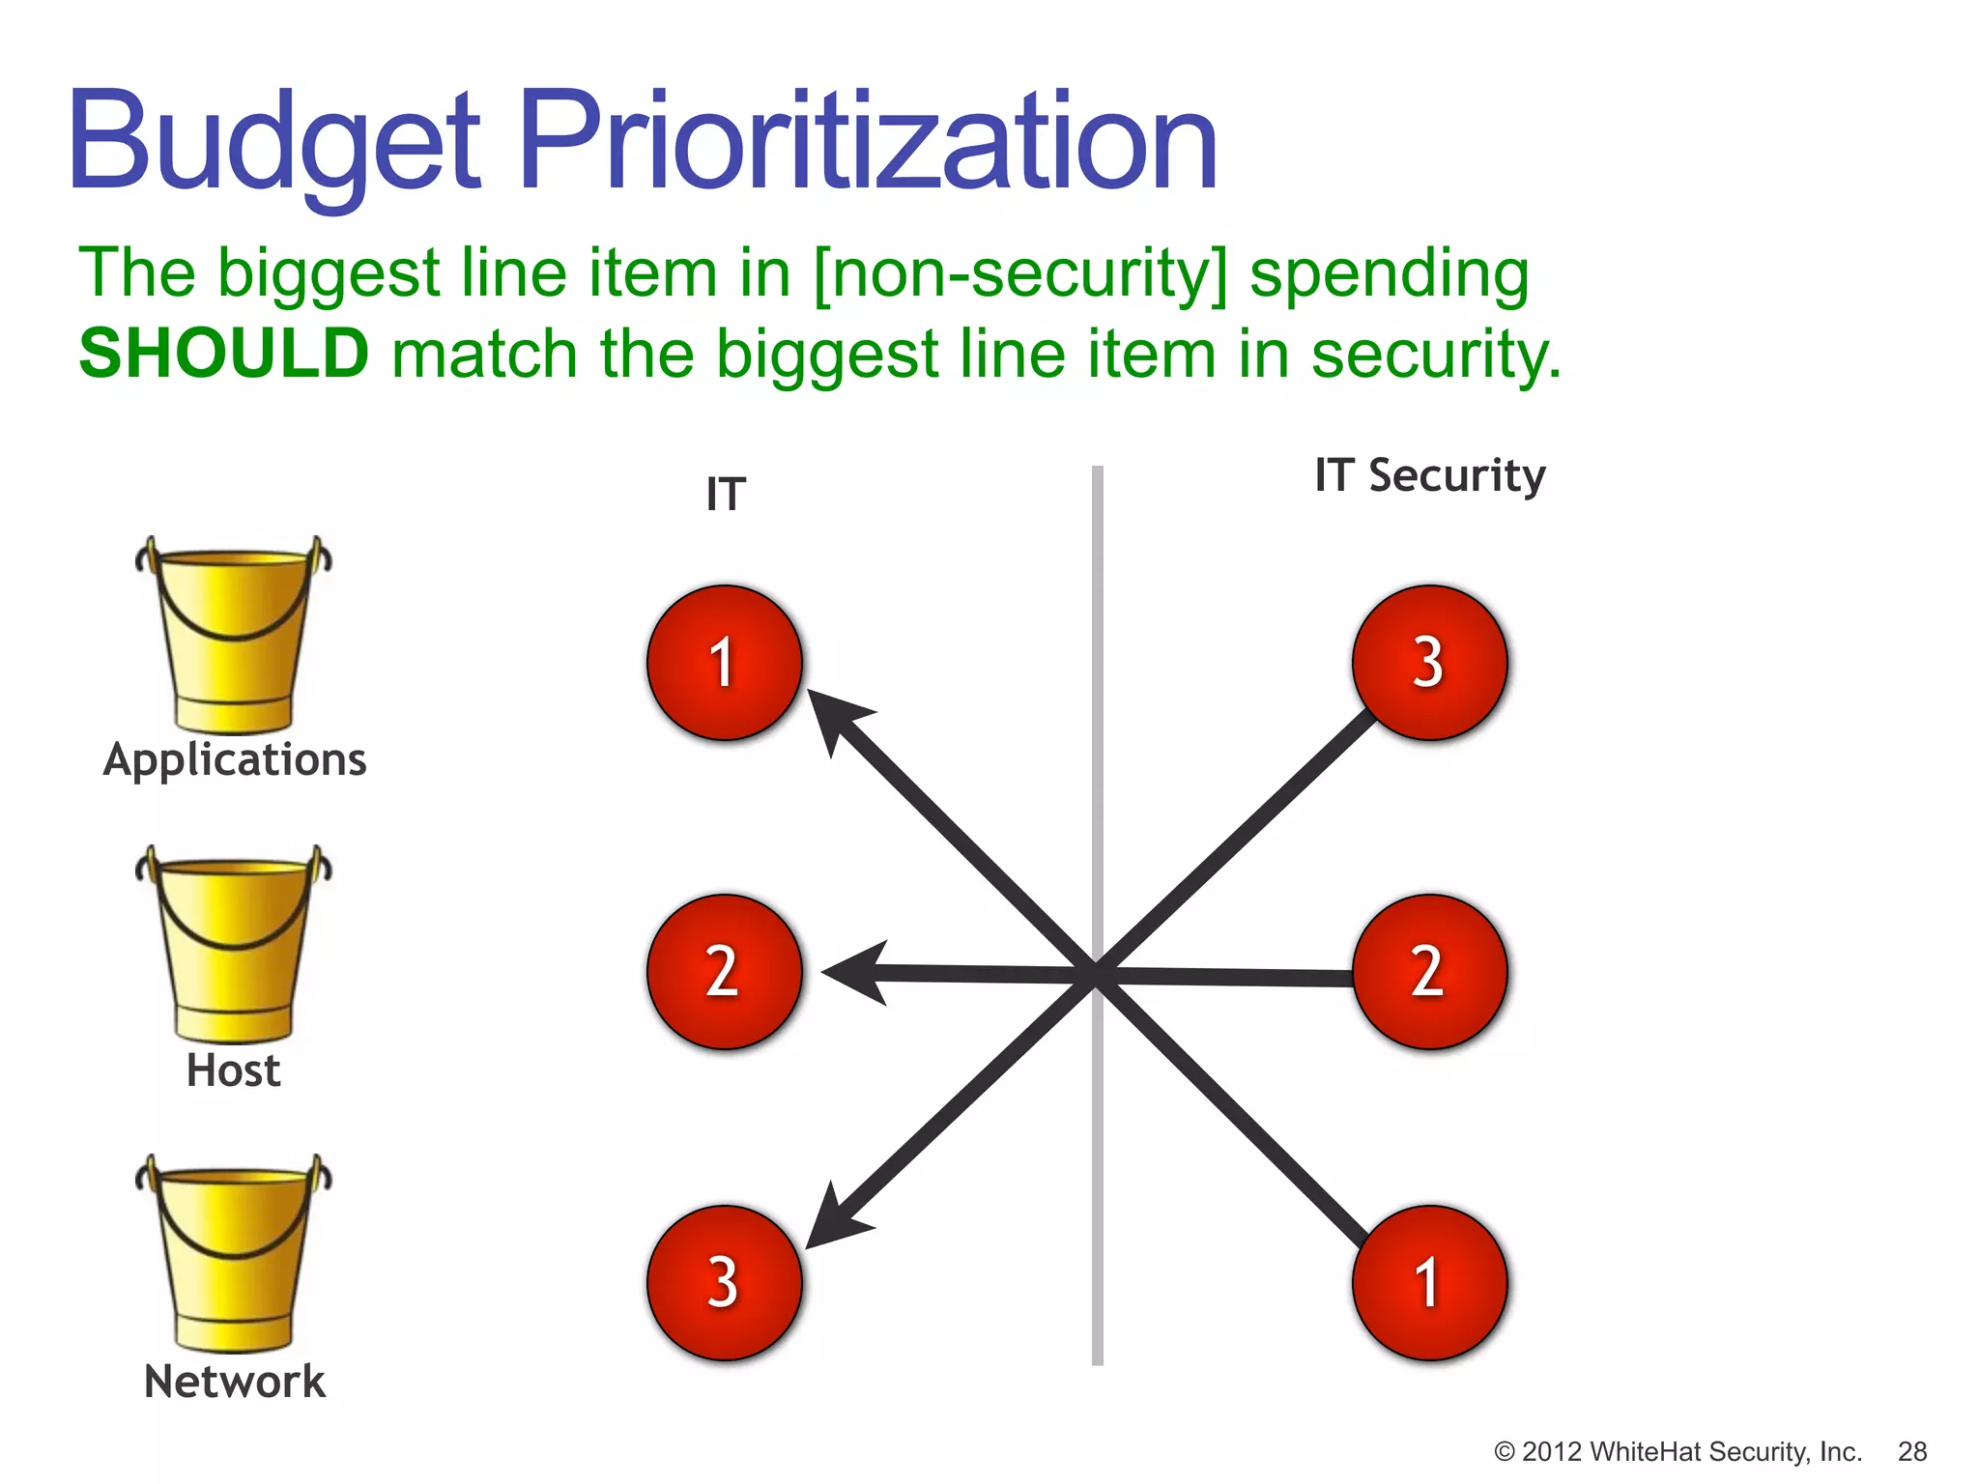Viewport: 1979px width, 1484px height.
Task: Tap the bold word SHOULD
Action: [223, 354]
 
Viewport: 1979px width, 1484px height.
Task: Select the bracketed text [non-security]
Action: [1019, 273]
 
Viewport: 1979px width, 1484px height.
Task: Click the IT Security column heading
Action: [1429, 476]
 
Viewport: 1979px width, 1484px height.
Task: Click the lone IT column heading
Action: [726, 496]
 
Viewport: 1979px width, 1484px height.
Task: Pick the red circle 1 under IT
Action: [725, 663]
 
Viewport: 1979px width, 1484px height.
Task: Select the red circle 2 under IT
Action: [725, 972]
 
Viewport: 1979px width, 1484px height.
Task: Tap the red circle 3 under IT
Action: [725, 1282]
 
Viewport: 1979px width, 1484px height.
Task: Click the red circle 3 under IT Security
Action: [1429, 663]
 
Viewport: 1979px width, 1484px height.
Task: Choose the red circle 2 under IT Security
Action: [1429, 972]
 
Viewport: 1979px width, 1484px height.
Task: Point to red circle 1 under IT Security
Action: [1429, 1282]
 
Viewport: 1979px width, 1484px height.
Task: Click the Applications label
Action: [235, 760]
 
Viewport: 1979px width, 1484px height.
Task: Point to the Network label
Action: [235, 1382]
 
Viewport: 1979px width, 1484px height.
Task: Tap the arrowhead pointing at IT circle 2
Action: [854, 973]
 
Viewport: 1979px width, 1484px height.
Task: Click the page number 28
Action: [1911, 1451]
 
